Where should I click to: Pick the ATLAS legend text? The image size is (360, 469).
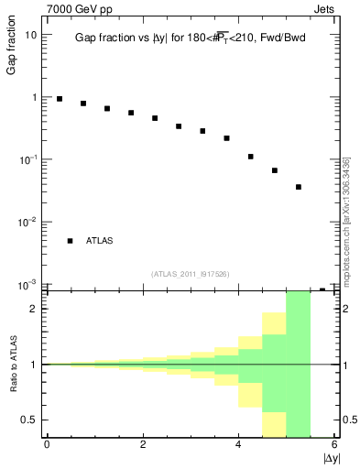tap(101, 241)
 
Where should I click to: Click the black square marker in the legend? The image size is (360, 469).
tap(70, 241)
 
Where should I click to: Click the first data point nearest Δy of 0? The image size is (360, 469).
tap(60, 99)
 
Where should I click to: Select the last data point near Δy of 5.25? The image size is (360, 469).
tap(299, 187)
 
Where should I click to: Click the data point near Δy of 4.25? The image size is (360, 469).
tap(250, 157)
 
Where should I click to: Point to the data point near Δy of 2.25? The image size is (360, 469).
tap(155, 118)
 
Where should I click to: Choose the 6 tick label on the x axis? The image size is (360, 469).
tap(335, 444)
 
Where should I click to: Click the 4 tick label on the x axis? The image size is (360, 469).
tap(239, 444)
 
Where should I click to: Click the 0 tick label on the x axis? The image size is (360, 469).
tap(47, 444)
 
